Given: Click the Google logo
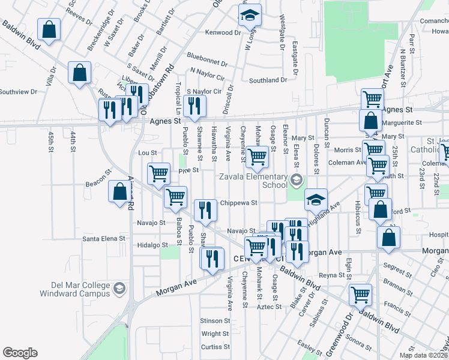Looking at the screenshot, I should pyautogui.click(x=20, y=353).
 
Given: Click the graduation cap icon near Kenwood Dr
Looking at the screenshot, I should pyautogui.click(x=249, y=17).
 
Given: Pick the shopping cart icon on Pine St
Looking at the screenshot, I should pyautogui.click(x=158, y=173).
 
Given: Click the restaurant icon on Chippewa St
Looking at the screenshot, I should pyautogui.click(x=206, y=209).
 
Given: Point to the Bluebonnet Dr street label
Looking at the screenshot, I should pyautogui.click(x=207, y=62).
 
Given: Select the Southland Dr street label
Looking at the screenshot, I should pyautogui.click(x=268, y=80).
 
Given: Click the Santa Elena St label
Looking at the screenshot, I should pyautogui.click(x=104, y=238).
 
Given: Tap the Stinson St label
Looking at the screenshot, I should pyautogui.click(x=215, y=321).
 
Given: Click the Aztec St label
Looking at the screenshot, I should pyautogui.click(x=269, y=307).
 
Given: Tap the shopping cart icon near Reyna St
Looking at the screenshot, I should pyautogui.click(x=360, y=295).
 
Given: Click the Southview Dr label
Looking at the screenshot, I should pyautogui.click(x=18, y=92).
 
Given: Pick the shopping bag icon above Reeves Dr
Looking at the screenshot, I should pyautogui.click(x=49, y=29).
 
